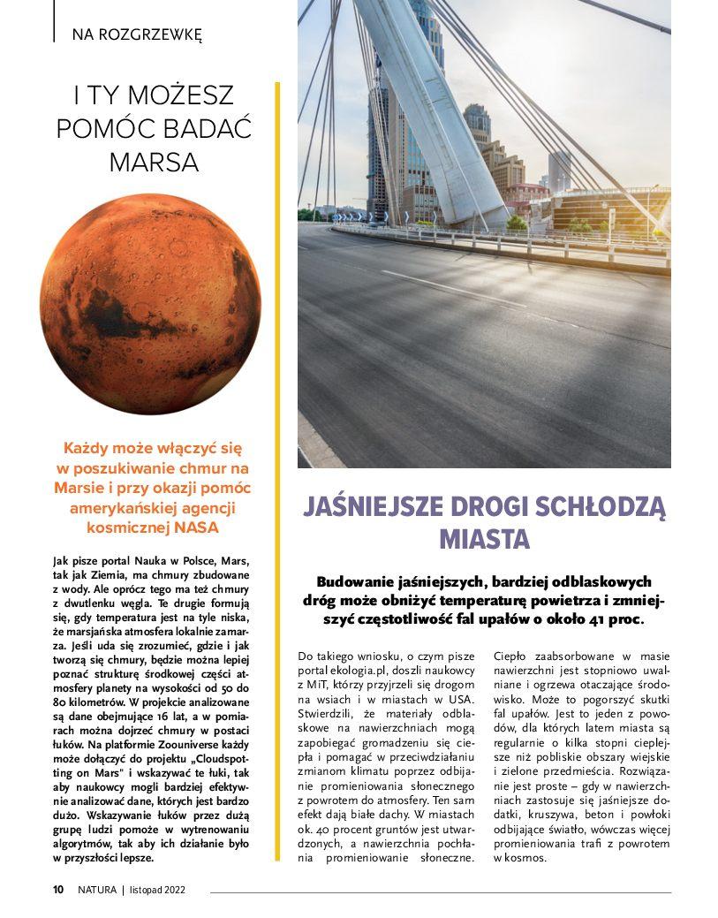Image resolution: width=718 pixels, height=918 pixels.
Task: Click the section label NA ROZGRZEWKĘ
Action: coord(137,35)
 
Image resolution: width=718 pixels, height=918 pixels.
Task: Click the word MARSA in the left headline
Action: coord(154,163)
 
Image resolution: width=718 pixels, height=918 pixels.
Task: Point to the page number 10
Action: coord(57,890)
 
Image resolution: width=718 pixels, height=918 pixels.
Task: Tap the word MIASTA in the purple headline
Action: coord(484,538)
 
